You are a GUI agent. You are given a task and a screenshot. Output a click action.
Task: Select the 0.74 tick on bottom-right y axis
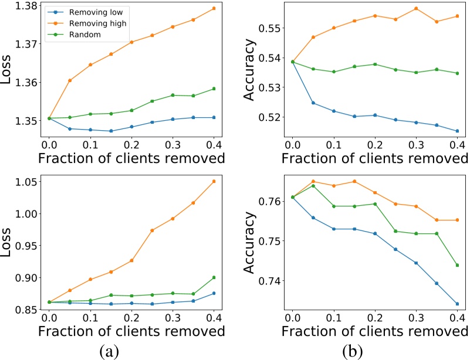click(272, 281)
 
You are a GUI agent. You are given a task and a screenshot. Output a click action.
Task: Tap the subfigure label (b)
click(353, 351)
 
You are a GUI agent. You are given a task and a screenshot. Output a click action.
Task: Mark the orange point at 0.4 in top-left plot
click(214, 8)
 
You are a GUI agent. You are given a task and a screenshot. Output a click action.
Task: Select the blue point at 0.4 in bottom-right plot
click(457, 304)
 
